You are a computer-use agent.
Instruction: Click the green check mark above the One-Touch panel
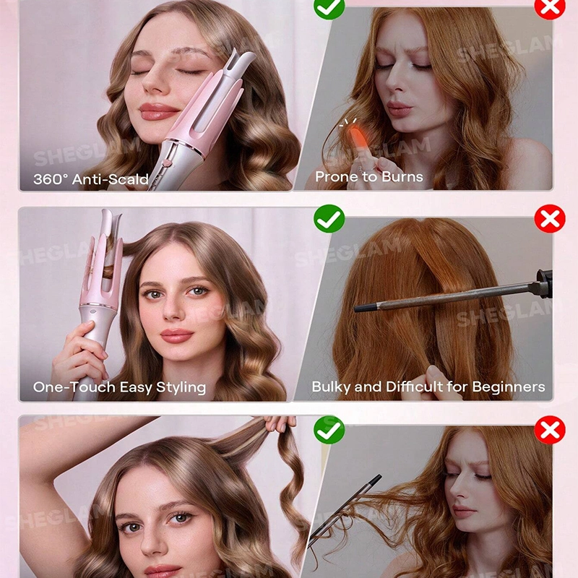point(329,219)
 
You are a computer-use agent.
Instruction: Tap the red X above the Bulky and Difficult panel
point(550,219)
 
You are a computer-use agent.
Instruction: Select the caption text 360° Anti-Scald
point(91,179)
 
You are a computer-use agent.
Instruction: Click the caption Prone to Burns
point(369,176)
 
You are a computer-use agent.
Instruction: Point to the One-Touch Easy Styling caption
point(119,387)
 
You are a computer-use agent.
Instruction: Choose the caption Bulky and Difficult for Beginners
point(428,387)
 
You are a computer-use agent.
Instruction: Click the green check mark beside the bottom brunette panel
point(329,430)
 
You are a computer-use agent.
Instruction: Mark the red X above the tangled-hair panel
point(550,430)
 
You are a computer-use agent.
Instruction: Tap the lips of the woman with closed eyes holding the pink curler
point(158,111)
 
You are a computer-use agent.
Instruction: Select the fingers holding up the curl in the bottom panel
point(280,423)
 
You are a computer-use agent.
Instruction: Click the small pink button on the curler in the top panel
point(167,163)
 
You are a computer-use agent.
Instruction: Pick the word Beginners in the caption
point(509,387)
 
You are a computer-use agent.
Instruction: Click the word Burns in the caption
point(402,176)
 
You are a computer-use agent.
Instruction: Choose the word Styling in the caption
point(181,388)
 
